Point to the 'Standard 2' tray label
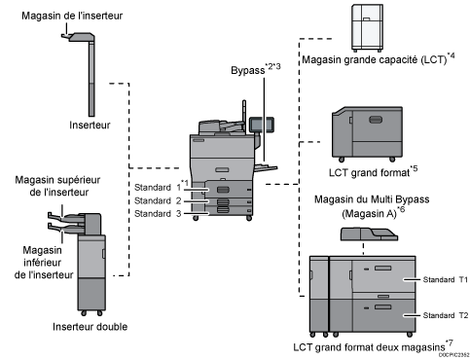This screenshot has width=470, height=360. click(x=157, y=198)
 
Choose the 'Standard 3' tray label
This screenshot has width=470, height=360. click(x=157, y=212)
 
